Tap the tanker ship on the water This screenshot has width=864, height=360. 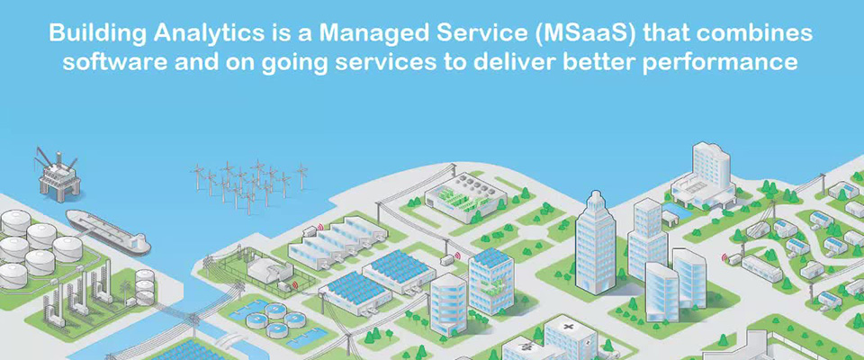pos(109,232)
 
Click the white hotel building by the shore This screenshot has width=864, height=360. pos(703,176)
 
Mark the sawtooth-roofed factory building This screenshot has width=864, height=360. pos(331,241)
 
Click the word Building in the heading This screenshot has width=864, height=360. pos(98,34)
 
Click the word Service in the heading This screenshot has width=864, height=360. pos(462,33)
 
